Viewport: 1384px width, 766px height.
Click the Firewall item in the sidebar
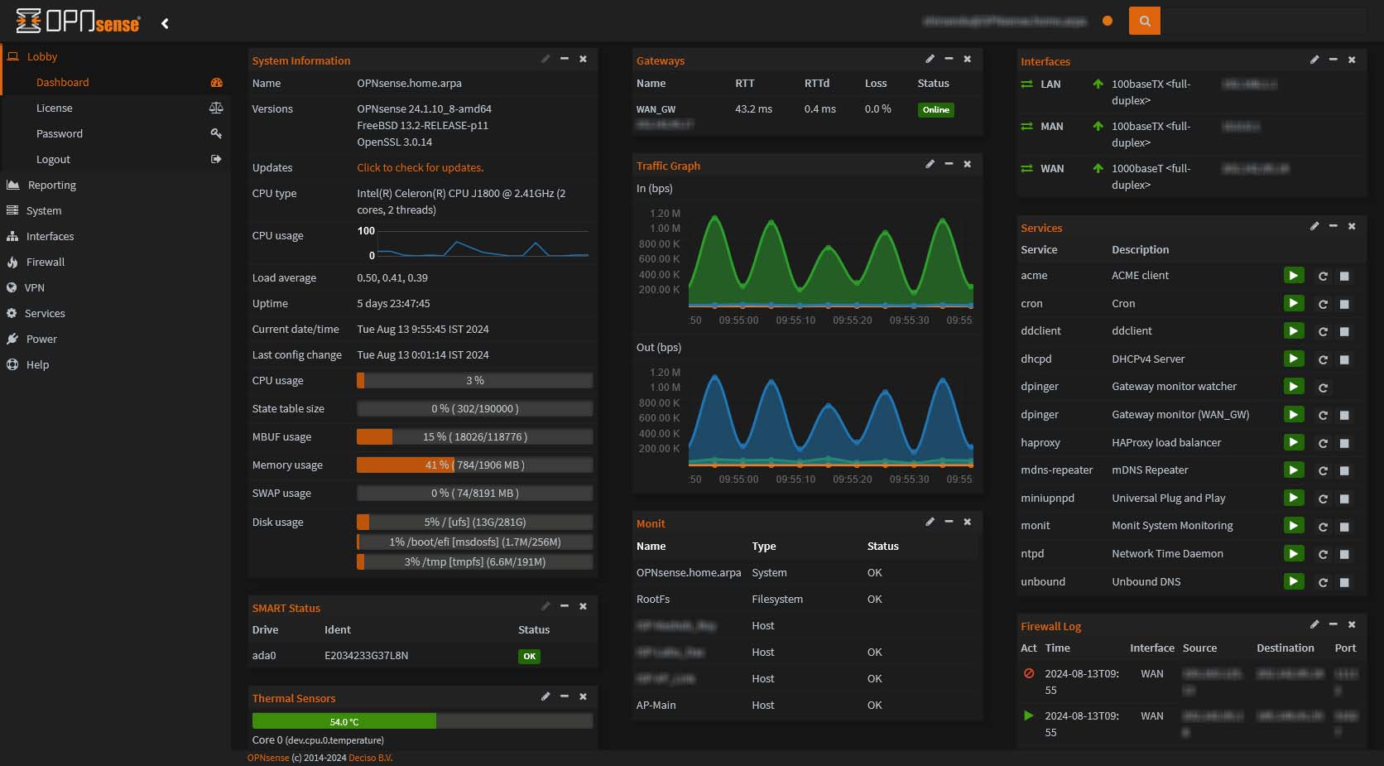tap(45, 262)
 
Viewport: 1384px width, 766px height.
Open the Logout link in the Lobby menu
tap(53, 159)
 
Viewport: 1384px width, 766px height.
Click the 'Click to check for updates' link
tap(420, 167)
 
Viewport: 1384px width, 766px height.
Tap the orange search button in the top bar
tap(1144, 21)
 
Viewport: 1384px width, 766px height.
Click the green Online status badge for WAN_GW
tap(935, 109)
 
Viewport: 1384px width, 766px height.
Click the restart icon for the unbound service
tap(1323, 582)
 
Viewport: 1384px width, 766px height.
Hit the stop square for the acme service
tap(1344, 276)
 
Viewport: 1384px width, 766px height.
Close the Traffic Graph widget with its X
tap(967, 164)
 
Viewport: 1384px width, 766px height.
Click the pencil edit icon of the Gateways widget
tap(930, 59)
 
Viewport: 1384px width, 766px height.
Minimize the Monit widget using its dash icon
tap(949, 522)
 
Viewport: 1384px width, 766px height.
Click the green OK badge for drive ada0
tap(529, 656)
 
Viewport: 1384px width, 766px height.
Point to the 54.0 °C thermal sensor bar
tap(344, 721)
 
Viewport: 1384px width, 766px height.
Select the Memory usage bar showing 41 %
tap(474, 465)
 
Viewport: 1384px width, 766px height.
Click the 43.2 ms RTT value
tap(753, 108)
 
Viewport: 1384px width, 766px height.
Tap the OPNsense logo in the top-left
tap(78, 22)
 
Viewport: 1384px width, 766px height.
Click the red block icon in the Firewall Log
tap(1029, 673)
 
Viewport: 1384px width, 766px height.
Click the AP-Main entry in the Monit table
tap(656, 705)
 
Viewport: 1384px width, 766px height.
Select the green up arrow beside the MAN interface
tap(1098, 126)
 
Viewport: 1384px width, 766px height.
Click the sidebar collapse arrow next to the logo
tap(165, 23)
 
